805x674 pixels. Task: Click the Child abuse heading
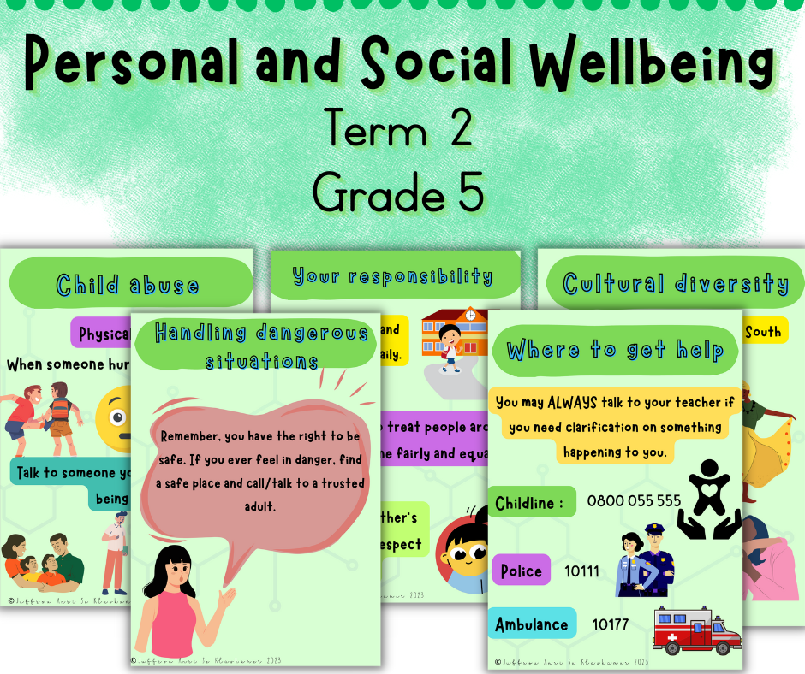128,284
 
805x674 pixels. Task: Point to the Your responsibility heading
392,276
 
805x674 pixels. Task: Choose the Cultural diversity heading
676,283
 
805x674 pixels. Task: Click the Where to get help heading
614,349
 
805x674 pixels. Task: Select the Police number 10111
581,571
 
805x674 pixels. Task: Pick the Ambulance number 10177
610,624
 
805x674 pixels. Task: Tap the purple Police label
521,571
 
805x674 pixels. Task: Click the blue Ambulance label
531,624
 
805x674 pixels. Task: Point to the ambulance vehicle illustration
696,631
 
